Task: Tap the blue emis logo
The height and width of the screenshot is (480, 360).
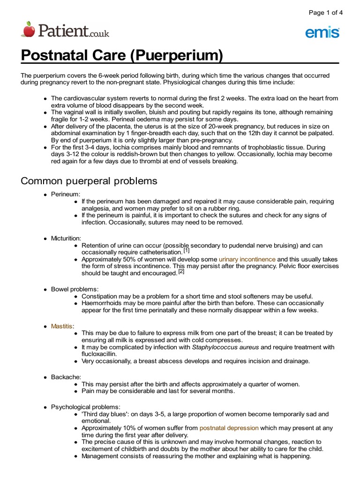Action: (322, 32)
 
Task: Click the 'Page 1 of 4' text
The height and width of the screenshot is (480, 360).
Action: (326, 13)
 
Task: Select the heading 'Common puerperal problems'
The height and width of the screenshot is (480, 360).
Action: (89, 181)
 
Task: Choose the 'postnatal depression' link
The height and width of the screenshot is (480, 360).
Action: (229, 428)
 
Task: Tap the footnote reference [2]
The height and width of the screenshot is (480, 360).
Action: (181, 271)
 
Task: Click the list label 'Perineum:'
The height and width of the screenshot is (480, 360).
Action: (66, 194)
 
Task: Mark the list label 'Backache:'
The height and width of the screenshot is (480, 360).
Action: (66, 377)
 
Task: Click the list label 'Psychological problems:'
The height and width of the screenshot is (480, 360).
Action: (86, 407)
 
